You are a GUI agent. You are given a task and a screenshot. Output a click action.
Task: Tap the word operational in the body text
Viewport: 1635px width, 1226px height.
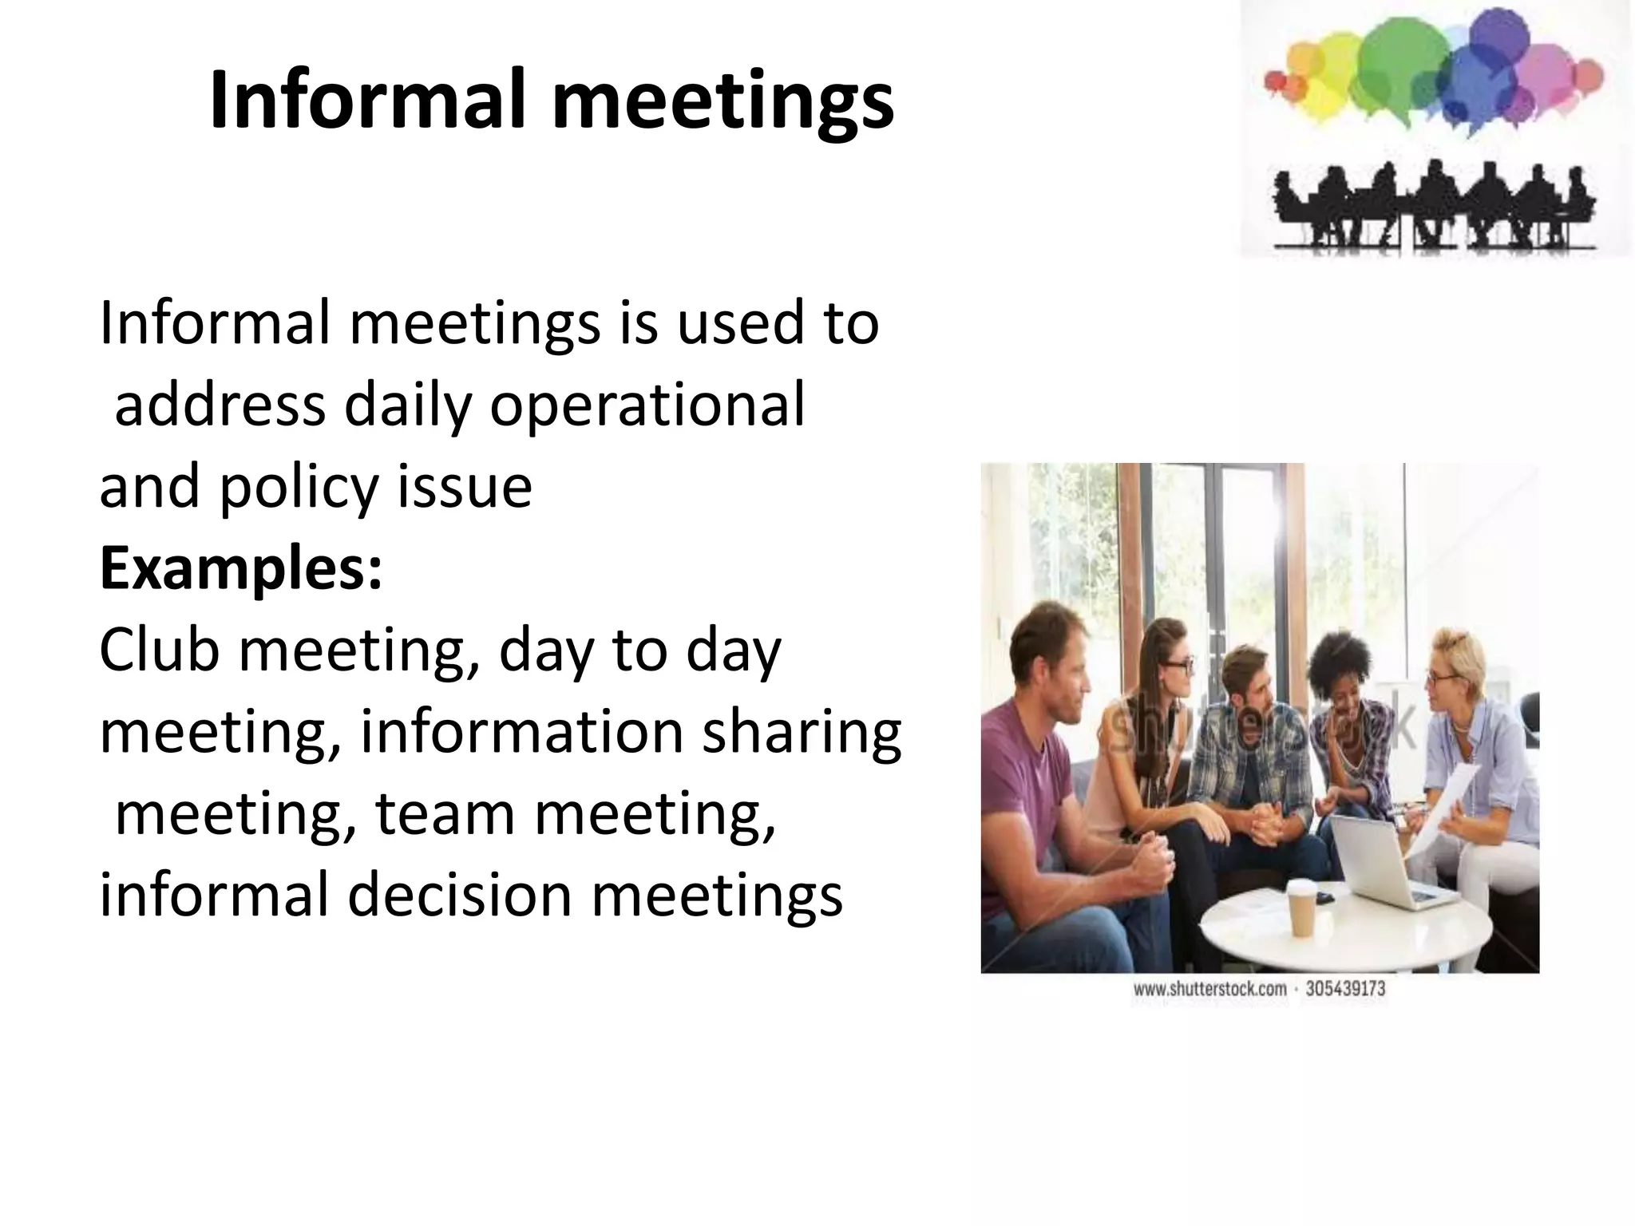coord(647,405)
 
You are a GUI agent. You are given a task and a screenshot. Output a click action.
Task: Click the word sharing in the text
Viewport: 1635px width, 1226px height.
coord(801,733)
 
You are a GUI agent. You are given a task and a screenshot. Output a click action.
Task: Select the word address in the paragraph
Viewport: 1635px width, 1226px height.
coord(220,405)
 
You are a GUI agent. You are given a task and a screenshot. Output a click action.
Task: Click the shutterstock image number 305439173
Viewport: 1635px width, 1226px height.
coord(1345,990)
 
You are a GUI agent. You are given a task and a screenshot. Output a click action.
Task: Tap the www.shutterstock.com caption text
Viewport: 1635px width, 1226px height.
coord(1209,990)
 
